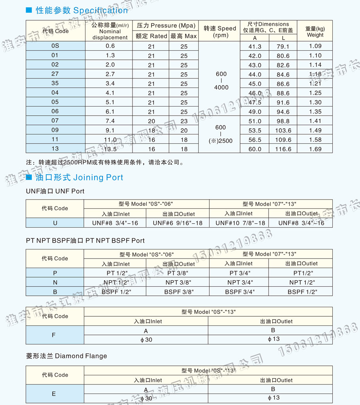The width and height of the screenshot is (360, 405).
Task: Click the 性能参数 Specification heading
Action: pos(81,11)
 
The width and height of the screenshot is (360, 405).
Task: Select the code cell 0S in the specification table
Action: pos(55,46)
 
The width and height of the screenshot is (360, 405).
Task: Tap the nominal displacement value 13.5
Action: pos(110,149)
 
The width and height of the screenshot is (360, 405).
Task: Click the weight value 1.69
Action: pos(315,149)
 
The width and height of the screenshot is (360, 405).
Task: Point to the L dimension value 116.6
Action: pos(283,149)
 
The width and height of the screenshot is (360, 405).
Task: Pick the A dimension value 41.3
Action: pos(254,46)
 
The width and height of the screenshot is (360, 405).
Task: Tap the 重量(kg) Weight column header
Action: pos(315,31)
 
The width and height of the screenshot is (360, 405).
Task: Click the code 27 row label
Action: pos(55,74)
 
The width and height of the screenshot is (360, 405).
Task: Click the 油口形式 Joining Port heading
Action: pos(79,177)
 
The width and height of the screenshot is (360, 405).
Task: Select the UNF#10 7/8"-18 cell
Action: pos(240,223)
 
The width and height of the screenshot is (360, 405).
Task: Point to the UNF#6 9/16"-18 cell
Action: pos(177,223)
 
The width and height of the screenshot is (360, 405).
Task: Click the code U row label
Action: pos(55,223)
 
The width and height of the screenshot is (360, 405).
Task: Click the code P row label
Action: pos(55,273)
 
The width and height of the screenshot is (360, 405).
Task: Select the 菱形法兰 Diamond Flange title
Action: pos(66,356)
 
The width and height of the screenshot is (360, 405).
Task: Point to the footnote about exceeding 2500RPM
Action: pos(105,162)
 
